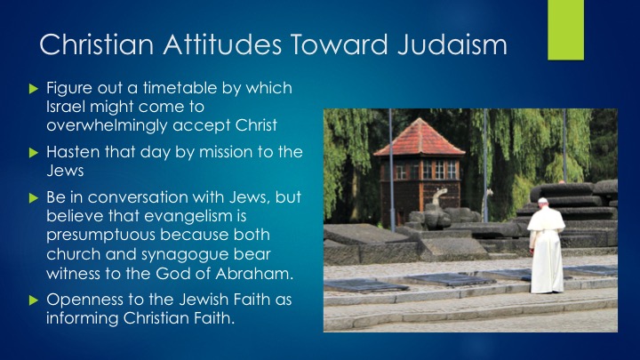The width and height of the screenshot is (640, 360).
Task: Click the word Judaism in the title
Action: pyautogui.click(x=452, y=44)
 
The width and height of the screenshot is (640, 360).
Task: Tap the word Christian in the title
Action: pyautogui.click(x=96, y=44)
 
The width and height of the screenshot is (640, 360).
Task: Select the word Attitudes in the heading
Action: pyautogui.click(x=222, y=44)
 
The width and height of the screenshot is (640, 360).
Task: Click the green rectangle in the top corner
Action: pyautogui.click(x=565, y=30)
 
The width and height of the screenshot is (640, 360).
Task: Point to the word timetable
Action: pyautogui.click(x=180, y=88)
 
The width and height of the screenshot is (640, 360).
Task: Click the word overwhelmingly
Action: pyautogui.click(x=107, y=125)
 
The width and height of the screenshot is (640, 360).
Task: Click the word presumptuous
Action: pyautogui.click(x=100, y=235)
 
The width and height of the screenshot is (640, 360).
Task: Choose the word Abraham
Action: pyautogui.click(x=254, y=273)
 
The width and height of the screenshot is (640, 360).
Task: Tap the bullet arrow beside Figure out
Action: pyautogui.click(x=34, y=89)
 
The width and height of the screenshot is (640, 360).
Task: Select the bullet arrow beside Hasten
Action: pyautogui.click(x=34, y=153)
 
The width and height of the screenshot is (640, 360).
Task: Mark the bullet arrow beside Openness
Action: pyautogui.click(x=34, y=300)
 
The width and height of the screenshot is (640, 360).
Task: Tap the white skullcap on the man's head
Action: pyautogui.click(x=542, y=200)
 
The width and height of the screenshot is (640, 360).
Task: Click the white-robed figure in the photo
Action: pyautogui.click(x=546, y=245)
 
